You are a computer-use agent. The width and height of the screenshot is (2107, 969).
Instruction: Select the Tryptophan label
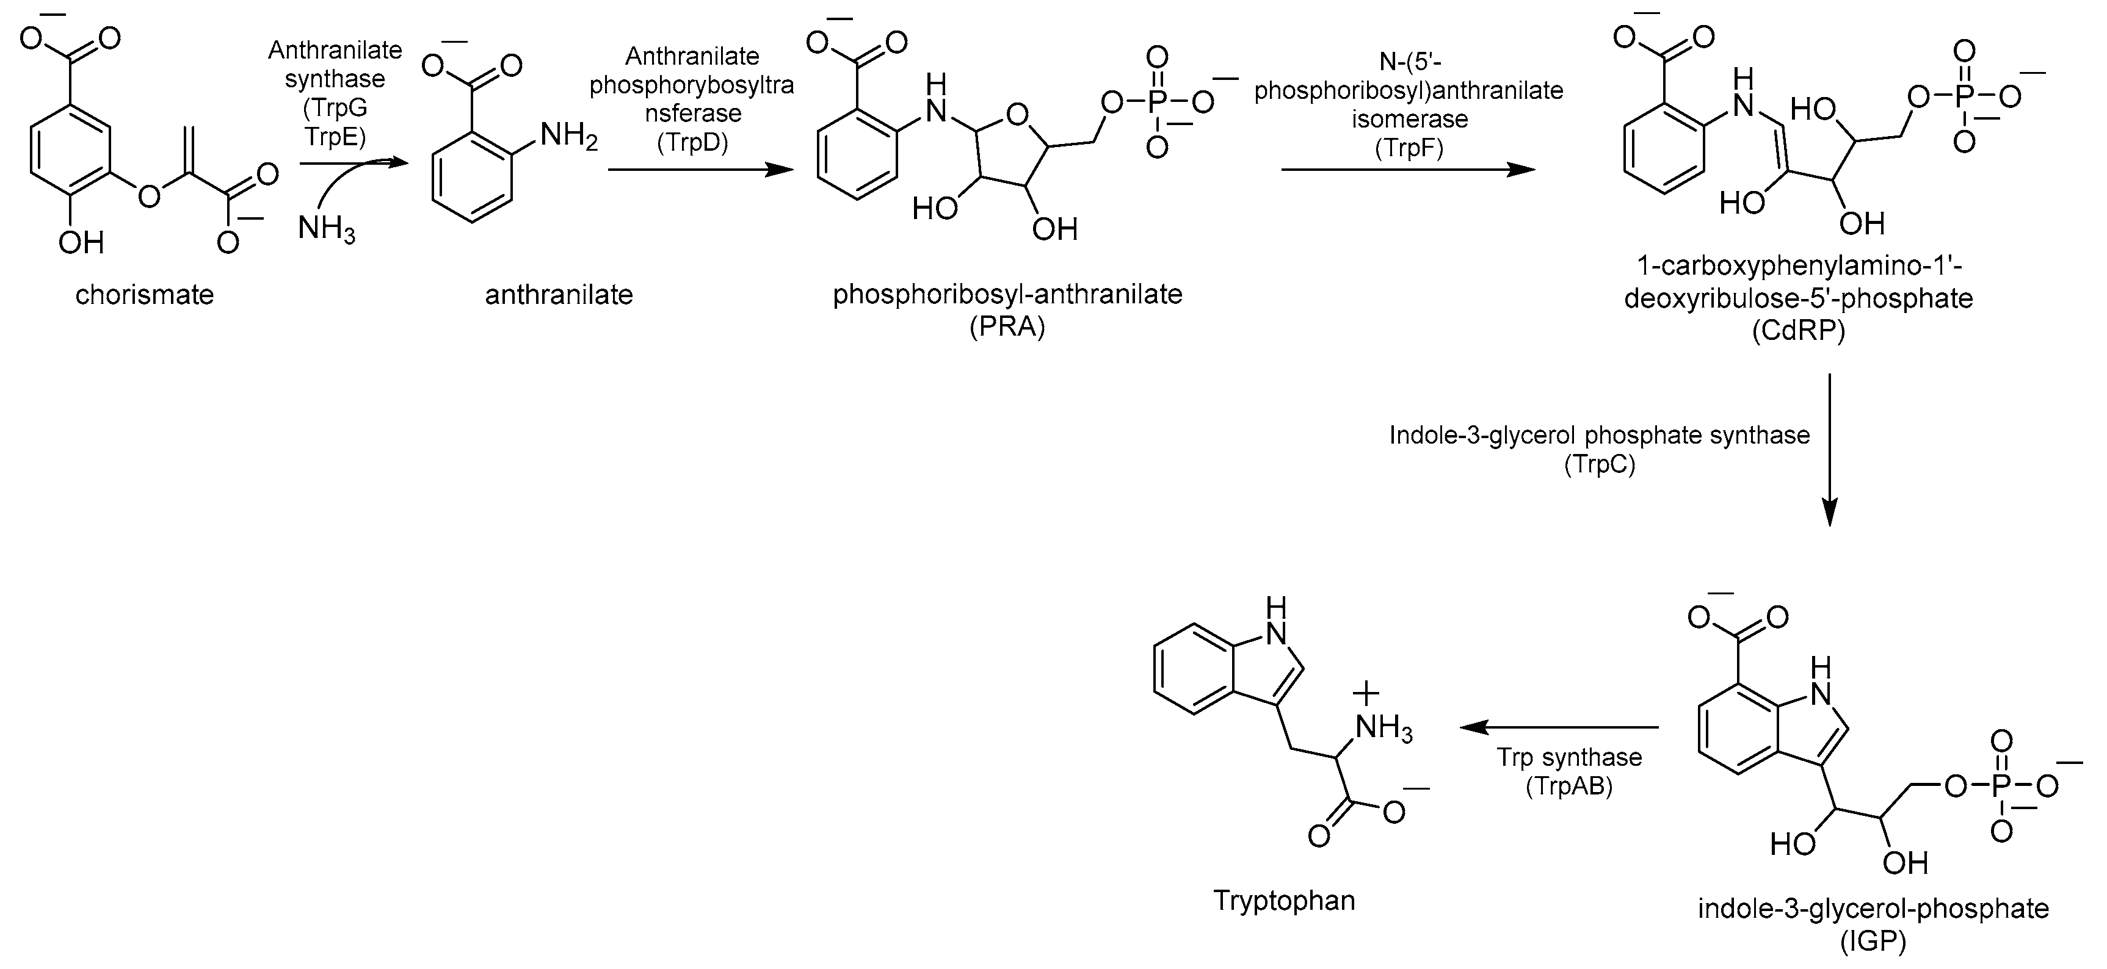pyautogui.click(x=1284, y=900)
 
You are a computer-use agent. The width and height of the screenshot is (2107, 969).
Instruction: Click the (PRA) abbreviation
pyautogui.click(x=1007, y=327)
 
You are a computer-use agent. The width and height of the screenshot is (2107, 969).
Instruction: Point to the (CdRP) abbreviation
pyautogui.click(x=1798, y=331)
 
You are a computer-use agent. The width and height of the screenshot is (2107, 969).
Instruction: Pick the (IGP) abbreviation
pyautogui.click(x=1873, y=941)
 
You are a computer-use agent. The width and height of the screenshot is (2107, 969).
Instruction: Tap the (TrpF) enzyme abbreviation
pyautogui.click(x=1409, y=148)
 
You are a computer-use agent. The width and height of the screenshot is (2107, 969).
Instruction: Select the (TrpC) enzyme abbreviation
pyautogui.click(x=1599, y=464)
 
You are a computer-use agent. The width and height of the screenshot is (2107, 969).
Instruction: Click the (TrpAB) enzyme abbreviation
pyautogui.click(x=1568, y=787)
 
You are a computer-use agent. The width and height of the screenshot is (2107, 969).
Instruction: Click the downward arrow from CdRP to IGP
pyautogui.click(x=1830, y=450)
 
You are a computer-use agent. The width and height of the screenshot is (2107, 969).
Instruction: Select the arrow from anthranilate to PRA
pyautogui.click(x=700, y=170)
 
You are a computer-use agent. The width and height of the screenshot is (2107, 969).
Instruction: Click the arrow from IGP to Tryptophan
pyautogui.click(x=1559, y=726)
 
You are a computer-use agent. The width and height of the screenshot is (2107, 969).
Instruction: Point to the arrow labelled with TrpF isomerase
pyautogui.click(x=1407, y=170)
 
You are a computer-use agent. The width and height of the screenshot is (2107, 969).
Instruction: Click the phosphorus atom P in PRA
pyautogui.click(x=1156, y=103)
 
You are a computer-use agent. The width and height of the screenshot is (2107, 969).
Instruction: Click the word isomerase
pyautogui.click(x=1409, y=120)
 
